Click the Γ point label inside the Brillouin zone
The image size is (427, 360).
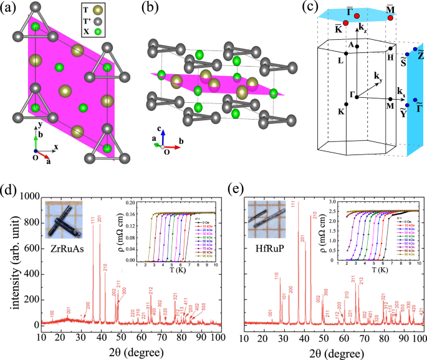click(352, 95)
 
